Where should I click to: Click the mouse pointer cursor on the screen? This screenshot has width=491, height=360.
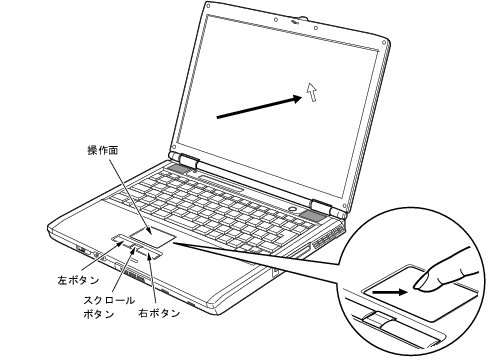[314, 93]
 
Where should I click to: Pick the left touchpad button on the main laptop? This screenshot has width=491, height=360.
[121, 239]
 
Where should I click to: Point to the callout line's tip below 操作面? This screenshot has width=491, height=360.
[142, 229]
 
